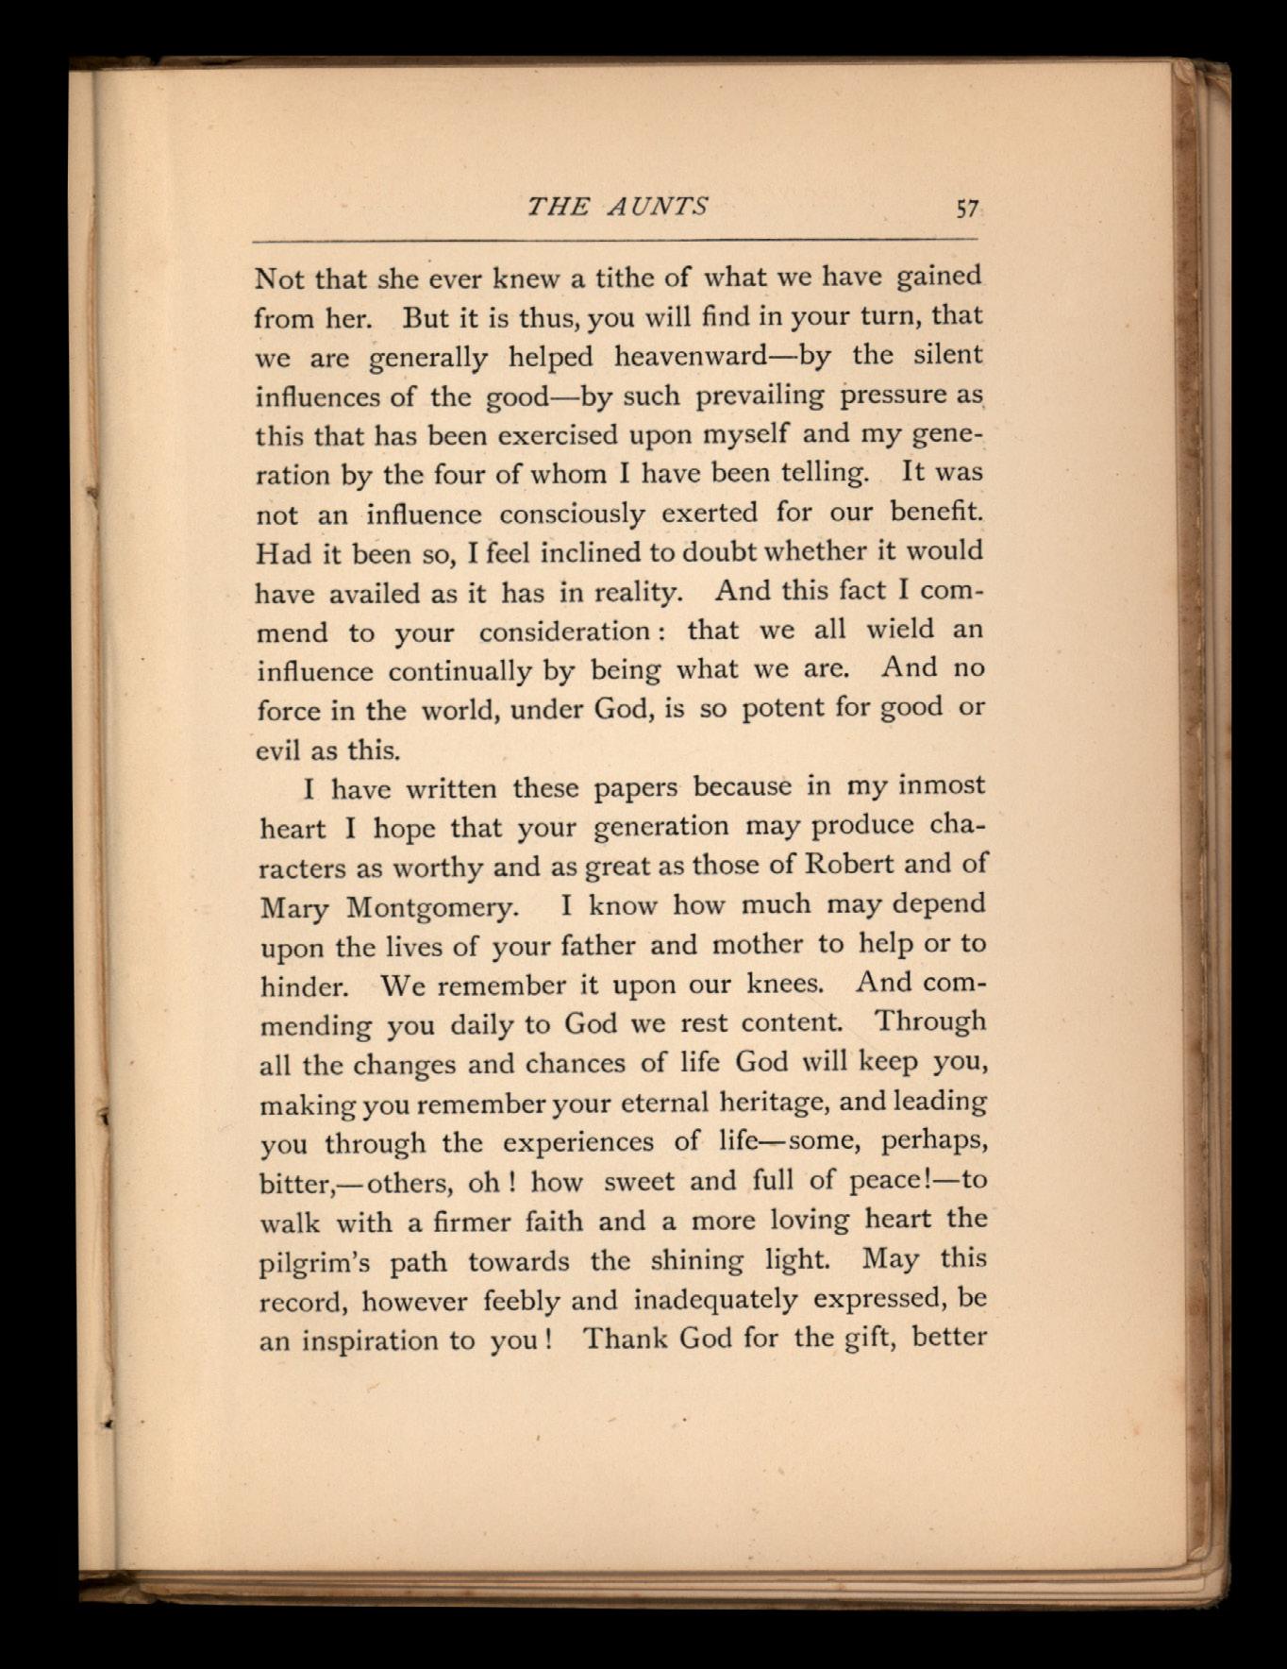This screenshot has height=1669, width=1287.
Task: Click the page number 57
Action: [967, 209]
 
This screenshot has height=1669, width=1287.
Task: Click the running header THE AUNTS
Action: [617, 207]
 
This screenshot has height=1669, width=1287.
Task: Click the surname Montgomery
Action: [432, 907]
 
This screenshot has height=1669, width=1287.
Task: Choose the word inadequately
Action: [714, 1300]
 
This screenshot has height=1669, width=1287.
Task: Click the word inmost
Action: [941, 785]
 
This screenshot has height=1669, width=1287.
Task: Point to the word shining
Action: [696, 1260]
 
